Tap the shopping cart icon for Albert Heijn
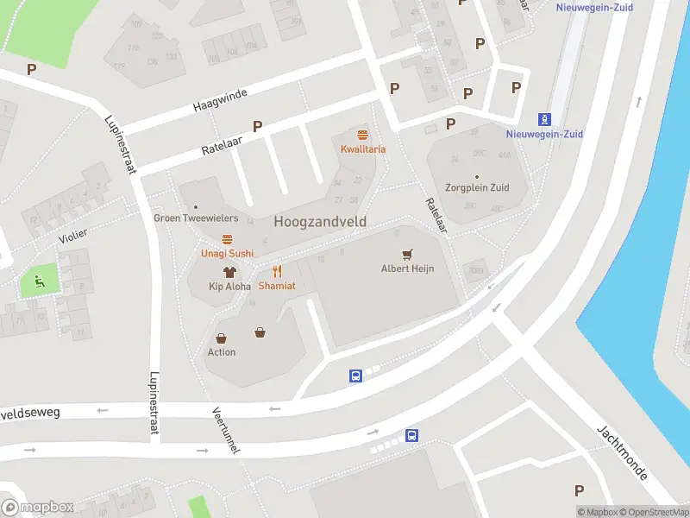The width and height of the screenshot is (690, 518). point(407,255)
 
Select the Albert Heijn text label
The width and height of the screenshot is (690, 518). point(407,268)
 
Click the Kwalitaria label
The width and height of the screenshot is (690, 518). point(362,149)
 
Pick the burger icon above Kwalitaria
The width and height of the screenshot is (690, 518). point(362,135)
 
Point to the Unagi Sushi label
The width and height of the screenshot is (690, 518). point(228,253)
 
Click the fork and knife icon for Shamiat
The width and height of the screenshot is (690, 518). point(277,271)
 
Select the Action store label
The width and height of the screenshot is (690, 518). point(222,352)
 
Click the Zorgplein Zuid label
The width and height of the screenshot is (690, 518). point(476,187)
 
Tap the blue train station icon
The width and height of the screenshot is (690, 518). point(544,119)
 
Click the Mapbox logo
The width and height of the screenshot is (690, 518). point(37,507)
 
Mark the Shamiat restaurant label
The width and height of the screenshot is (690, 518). point(277,286)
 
